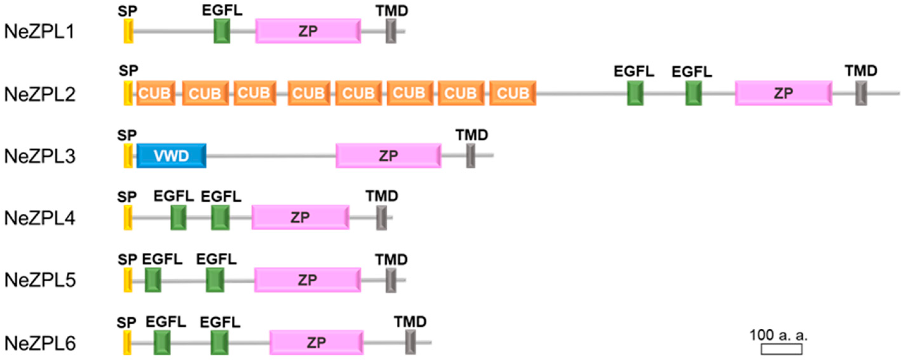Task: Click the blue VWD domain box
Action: (171, 156)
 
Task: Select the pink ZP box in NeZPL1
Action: (308, 31)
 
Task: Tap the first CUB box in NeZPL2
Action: (155, 93)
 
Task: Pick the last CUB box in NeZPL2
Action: (512, 93)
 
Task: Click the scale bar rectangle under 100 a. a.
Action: (781, 349)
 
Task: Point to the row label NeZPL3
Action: (40, 156)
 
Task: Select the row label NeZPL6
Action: (40, 343)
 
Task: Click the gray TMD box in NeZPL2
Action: (861, 93)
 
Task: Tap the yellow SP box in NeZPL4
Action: (128, 218)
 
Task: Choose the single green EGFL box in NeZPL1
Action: (222, 31)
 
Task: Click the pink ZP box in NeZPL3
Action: (388, 156)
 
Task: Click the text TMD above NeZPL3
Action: (472, 135)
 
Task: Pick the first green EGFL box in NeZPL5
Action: (153, 280)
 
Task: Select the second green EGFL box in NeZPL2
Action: (693, 93)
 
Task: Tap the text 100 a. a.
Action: (778, 335)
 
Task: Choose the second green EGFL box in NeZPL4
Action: (220, 218)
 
